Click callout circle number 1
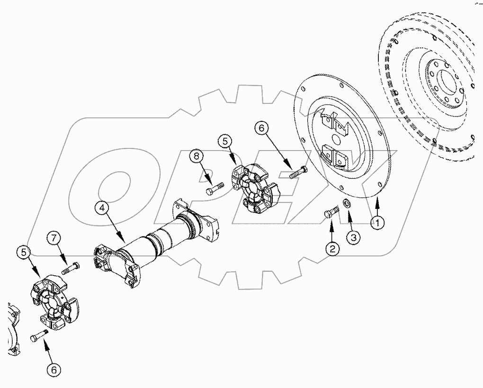coord(377,221)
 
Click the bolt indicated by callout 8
coord(214,188)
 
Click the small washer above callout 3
coord(347,204)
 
